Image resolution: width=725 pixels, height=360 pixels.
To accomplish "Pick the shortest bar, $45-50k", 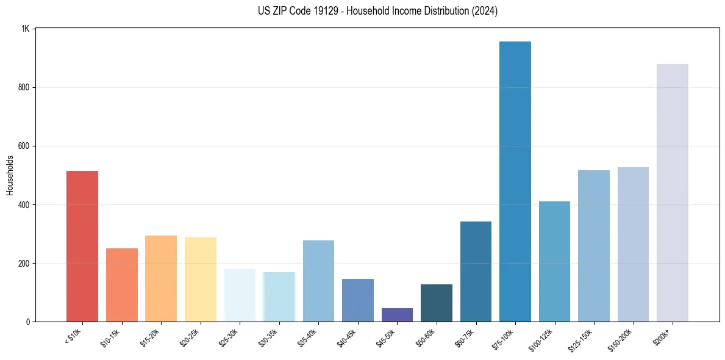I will (397, 315).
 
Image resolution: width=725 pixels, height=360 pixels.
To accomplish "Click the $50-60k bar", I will (436, 303).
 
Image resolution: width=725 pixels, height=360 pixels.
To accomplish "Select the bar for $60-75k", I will (476, 271).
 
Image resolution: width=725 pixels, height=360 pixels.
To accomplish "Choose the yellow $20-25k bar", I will (200, 279).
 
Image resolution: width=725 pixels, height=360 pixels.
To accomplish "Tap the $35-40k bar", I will (318, 281).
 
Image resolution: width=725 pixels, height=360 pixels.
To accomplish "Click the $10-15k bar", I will (121, 284).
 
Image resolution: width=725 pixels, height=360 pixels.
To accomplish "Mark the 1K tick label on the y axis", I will (26, 29).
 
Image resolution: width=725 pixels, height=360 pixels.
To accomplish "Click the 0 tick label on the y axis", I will (28, 322).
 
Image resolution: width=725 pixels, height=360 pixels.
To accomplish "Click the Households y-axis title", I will (10, 175).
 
